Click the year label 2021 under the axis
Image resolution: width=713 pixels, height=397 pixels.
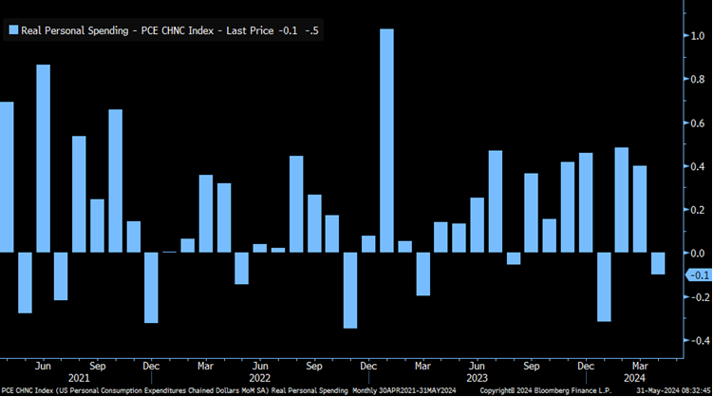(x=79, y=378)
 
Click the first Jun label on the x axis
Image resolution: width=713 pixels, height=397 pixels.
(x=43, y=366)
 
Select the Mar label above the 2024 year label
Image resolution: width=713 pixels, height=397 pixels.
(x=640, y=366)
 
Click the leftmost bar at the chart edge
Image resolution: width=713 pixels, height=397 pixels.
(x=6, y=177)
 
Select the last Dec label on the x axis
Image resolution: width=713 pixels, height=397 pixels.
(x=586, y=366)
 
